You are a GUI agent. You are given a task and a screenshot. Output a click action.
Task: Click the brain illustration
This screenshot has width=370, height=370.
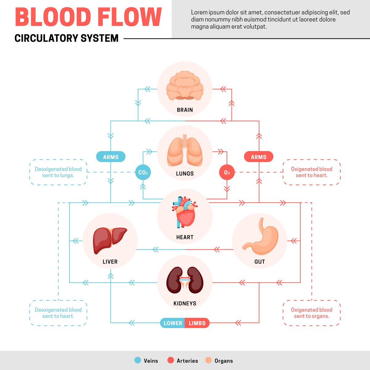tap(185, 85)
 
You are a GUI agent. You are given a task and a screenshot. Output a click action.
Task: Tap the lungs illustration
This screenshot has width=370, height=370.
tap(185, 152)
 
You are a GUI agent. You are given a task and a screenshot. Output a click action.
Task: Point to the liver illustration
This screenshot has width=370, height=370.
tap(109, 240)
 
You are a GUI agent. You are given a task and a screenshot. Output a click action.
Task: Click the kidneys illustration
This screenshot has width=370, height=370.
tap(185, 280)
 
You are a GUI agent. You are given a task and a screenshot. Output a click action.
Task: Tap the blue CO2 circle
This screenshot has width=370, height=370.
tap(143, 172)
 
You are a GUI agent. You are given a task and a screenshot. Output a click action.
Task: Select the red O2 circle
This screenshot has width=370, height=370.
tap(227, 172)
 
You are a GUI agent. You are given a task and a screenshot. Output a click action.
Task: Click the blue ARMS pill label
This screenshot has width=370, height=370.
tap(111, 157)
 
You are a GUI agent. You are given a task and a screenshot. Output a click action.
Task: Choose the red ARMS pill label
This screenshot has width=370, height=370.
tap(258, 157)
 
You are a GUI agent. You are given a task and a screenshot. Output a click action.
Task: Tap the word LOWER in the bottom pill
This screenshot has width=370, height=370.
tap(173, 323)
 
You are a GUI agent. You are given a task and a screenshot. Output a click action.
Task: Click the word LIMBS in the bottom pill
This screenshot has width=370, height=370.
tap(197, 323)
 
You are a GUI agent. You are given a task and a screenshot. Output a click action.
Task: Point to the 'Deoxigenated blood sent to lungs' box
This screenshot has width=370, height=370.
tap(58, 172)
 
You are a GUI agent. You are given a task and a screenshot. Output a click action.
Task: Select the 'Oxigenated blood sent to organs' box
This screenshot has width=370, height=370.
tap(311, 313)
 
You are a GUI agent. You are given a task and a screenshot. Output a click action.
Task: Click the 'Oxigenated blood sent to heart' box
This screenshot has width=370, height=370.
tap(311, 172)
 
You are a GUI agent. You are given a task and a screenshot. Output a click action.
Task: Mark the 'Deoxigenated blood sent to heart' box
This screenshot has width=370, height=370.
tap(58, 313)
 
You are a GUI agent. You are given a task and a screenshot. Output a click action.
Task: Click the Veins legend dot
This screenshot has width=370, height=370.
tap(138, 360)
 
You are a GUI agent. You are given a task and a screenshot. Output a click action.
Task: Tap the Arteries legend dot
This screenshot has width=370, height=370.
tap(171, 360)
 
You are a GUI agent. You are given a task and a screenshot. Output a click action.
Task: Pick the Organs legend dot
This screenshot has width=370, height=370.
tap(208, 360)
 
